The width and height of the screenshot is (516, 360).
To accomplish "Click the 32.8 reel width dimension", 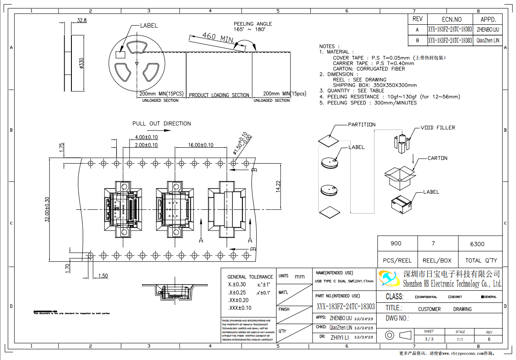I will (81, 20).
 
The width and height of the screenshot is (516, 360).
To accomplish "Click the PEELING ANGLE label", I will (253, 24).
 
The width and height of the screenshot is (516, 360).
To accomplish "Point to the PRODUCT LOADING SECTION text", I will (219, 95).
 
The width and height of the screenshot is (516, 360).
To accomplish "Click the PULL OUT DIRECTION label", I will (161, 123).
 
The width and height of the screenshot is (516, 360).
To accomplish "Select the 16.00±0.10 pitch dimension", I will (200, 145).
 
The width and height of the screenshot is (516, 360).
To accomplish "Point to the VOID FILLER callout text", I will (438, 128).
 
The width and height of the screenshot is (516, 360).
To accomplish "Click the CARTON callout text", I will (437, 158).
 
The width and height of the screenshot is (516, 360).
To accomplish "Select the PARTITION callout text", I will (361, 125).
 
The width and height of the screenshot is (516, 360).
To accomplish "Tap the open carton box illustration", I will (399, 178).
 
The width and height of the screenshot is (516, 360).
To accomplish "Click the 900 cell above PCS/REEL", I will (396, 243).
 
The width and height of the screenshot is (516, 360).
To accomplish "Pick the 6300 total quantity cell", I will (477, 244).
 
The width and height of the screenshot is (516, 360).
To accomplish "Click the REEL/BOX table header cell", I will (437, 260).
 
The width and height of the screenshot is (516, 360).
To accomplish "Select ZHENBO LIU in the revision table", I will (488, 29).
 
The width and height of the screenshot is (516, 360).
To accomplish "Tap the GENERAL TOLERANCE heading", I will (250, 277).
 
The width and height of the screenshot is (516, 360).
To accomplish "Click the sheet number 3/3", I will (429, 339).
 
